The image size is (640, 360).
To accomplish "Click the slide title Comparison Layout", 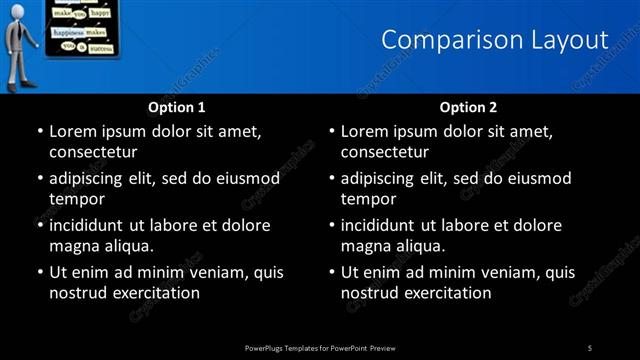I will [x=495, y=40].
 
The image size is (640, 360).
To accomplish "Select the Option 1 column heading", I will [x=177, y=107].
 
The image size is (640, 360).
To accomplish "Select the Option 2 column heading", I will [x=468, y=107].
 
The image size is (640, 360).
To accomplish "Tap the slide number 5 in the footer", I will [x=590, y=347].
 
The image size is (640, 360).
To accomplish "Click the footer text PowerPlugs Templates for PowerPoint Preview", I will [x=320, y=347].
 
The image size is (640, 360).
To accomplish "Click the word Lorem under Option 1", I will [x=72, y=131].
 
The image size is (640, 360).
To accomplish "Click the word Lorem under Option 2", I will [x=364, y=131].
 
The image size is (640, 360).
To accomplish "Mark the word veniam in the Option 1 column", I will [x=208, y=272].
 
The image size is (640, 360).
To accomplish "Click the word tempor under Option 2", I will [x=369, y=199].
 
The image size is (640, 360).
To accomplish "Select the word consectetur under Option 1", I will [x=93, y=152].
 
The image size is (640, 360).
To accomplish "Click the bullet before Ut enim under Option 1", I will [x=38, y=272].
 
